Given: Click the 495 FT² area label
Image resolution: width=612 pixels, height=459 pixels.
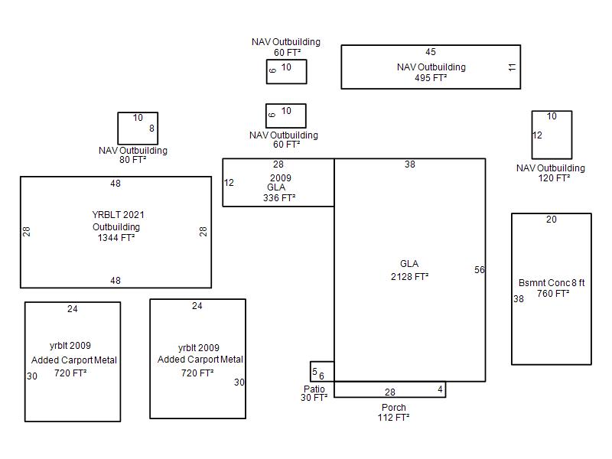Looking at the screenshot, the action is click(431, 78).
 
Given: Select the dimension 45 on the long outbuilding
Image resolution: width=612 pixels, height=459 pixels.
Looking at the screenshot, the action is click(431, 52).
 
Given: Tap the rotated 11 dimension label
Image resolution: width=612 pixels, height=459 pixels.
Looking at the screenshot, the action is click(512, 67).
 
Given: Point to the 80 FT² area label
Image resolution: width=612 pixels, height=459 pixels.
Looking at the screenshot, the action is click(132, 160).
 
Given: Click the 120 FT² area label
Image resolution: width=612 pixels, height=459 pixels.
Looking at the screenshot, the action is click(554, 178).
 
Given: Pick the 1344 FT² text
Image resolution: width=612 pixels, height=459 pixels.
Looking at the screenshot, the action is click(116, 238).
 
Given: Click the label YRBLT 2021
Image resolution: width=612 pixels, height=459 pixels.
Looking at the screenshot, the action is click(118, 215).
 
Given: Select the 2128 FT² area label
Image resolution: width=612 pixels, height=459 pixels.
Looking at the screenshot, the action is click(409, 277).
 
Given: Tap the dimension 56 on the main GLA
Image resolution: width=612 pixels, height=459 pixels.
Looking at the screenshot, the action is click(480, 270).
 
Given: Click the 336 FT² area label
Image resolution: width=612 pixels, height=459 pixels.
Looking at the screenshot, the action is click(279, 198).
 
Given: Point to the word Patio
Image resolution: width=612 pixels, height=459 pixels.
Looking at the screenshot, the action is click(314, 389).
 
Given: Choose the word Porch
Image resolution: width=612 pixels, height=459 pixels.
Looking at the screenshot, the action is click(394, 407).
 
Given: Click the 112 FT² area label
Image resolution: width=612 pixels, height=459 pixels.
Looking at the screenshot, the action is click(393, 417).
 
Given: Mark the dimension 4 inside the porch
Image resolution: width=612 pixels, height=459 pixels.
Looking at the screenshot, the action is click(441, 389).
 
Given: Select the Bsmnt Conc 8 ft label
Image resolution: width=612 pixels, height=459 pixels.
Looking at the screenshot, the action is click(552, 282).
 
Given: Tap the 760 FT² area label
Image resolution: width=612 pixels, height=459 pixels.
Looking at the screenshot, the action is click(553, 293).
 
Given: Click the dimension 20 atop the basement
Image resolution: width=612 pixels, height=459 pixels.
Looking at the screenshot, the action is click(551, 220).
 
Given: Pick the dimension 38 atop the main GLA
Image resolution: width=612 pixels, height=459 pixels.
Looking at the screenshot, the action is click(410, 164).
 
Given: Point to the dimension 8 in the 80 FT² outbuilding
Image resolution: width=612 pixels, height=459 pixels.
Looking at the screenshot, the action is click(151, 128).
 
